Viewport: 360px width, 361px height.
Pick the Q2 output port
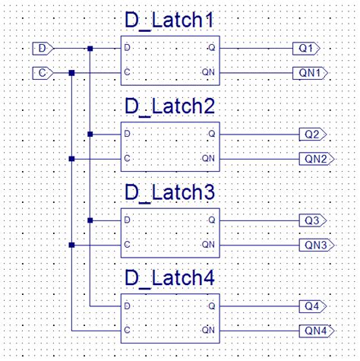click(312, 135)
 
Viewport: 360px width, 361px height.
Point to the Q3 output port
click(312, 220)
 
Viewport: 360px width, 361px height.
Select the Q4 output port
click(312, 306)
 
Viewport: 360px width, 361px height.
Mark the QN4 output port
click(314, 331)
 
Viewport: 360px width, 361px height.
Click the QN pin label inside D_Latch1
click(208, 73)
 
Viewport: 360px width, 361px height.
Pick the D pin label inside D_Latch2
click(128, 135)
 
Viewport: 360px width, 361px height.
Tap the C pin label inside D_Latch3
click(128, 245)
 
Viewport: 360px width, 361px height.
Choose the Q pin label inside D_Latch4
click(210, 306)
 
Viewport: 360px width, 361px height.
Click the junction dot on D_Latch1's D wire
click(90, 49)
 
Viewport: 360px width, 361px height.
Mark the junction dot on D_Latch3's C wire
click(71, 245)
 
